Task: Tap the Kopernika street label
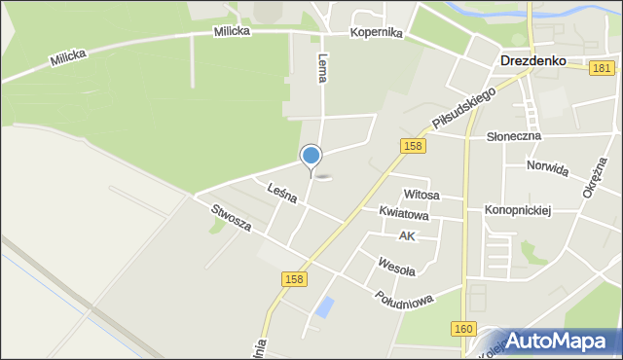point(378,32)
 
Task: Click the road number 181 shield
point(602,67)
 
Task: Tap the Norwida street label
point(547,167)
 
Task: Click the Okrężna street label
point(594,176)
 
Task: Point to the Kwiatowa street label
point(397,212)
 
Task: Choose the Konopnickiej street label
point(518,210)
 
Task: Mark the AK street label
point(407,236)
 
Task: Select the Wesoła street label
point(396,265)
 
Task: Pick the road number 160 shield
point(464,329)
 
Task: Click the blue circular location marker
point(311,156)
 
